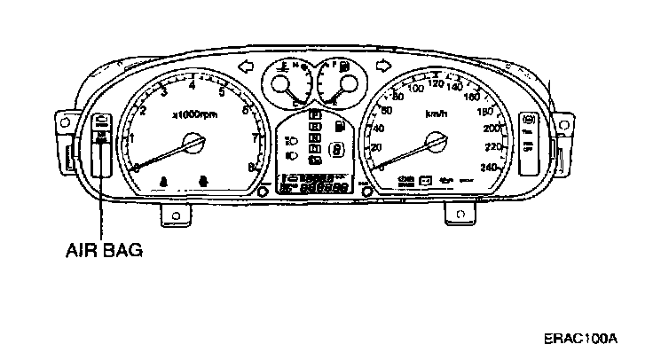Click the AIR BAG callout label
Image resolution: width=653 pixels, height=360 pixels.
[104, 250]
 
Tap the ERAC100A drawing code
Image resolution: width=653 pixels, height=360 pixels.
[581, 339]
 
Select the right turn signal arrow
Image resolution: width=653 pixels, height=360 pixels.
[383, 65]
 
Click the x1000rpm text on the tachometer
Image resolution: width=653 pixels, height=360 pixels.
[194, 114]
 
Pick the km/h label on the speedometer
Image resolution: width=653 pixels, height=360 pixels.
[435, 114]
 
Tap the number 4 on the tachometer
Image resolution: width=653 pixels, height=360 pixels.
[192, 84]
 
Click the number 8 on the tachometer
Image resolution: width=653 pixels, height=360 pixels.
[252, 166]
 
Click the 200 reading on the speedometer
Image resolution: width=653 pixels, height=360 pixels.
[492, 129]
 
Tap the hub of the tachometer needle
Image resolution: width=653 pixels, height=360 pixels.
[193, 142]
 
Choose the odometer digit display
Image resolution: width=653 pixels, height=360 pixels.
[324, 188]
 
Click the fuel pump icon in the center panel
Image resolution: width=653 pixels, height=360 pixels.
[337, 127]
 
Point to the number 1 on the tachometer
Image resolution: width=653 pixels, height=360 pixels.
[131, 137]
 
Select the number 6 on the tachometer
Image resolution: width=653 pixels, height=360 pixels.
[244, 110]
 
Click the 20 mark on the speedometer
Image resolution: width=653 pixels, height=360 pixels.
[376, 147]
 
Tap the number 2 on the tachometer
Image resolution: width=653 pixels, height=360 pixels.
[142, 110]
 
